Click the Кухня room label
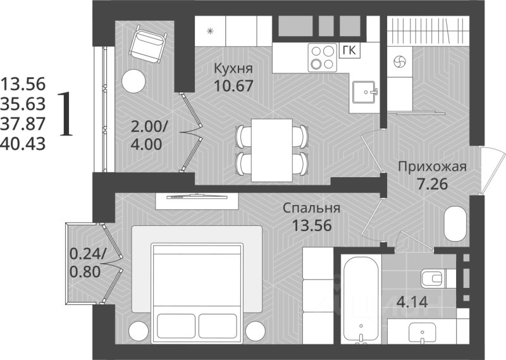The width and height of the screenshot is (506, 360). [x=233, y=69]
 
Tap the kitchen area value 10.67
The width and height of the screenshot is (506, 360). [x=233, y=86]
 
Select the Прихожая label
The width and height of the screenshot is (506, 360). [x=433, y=167]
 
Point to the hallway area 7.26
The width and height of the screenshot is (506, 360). [x=433, y=184]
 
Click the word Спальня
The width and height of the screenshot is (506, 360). [x=311, y=208]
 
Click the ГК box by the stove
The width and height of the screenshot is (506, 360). [x=350, y=51]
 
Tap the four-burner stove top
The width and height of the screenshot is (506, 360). [x=323, y=58]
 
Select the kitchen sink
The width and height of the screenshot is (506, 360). [x=364, y=92]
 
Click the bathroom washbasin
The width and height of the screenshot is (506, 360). [x=422, y=333]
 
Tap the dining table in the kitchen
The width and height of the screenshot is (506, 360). [x=272, y=151]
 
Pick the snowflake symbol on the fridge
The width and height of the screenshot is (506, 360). [x=210, y=32]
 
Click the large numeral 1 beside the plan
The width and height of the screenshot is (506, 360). [x=66, y=114]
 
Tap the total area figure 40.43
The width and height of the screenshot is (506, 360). [x=23, y=144]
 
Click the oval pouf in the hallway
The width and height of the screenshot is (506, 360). [x=455, y=225]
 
